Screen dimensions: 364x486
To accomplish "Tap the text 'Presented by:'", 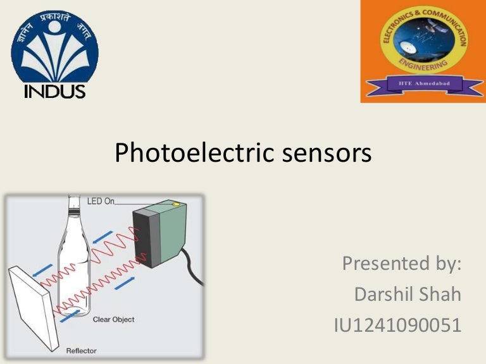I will (x=401, y=263).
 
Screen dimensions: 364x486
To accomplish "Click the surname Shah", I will (x=441, y=294).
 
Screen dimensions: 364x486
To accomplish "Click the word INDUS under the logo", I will (x=54, y=92).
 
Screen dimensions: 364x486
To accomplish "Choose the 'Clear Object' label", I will (x=113, y=320).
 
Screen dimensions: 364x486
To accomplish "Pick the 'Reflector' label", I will (x=82, y=349).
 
